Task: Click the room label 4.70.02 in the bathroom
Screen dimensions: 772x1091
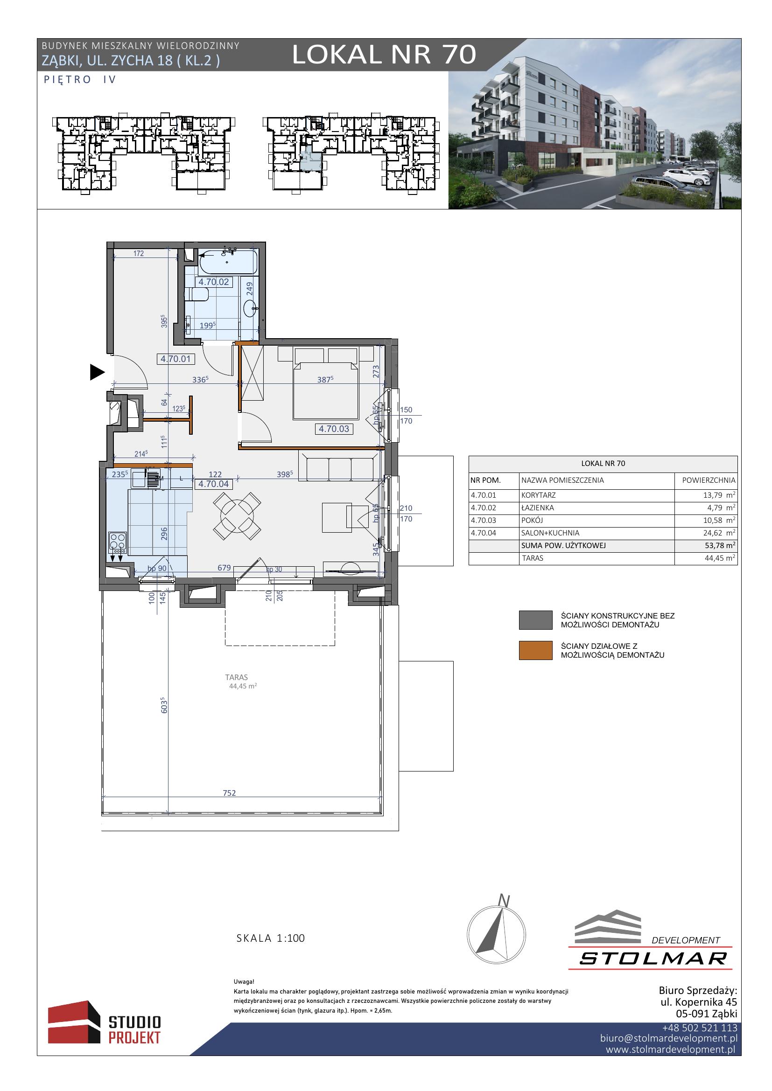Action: (x=213, y=282)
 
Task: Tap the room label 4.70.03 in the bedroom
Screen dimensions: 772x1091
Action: (x=334, y=429)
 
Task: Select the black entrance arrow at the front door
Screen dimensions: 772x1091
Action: (x=97, y=372)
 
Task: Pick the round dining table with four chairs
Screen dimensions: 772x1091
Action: (x=237, y=515)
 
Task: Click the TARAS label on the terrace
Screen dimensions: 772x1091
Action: (x=237, y=677)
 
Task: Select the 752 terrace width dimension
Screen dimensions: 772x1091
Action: (x=230, y=792)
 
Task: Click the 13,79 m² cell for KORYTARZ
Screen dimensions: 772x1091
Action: (x=719, y=495)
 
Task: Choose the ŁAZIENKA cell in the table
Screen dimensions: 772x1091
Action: (x=538, y=507)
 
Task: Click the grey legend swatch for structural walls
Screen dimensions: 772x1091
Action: (x=536, y=620)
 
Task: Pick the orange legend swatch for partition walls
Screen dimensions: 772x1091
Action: (x=536, y=651)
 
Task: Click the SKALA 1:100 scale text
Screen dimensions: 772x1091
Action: (x=271, y=938)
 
